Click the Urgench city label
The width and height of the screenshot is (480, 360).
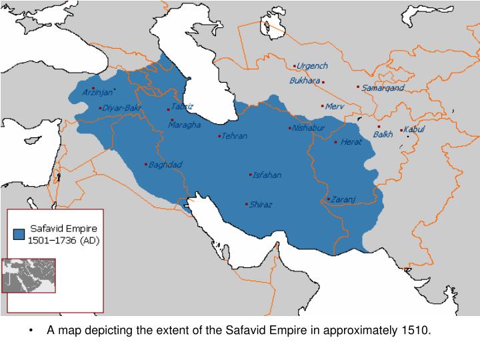click(x=313, y=67)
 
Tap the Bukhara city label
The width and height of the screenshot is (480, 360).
click(x=305, y=81)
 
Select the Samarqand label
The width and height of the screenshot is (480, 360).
click(x=383, y=88)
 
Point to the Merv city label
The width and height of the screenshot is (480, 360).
click(x=334, y=107)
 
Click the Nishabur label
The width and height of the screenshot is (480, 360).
click(x=309, y=128)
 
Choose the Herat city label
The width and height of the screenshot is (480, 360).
click(x=351, y=142)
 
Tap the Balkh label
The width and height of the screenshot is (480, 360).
click(x=383, y=135)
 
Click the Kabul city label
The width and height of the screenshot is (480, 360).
click(x=414, y=129)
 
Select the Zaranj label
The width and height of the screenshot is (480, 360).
click(x=345, y=199)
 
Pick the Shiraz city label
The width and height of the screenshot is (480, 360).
click(x=261, y=205)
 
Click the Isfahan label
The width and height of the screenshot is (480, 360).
click(x=267, y=175)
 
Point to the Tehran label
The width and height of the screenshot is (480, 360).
click(x=235, y=136)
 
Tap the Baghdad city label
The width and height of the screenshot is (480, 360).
click(x=165, y=165)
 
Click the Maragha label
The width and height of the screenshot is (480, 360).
click(x=184, y=125)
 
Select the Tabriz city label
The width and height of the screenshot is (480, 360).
click(x=183, y=106)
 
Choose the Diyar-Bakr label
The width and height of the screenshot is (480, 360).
click(x=121, y=108)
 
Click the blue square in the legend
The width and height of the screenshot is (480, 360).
click(x=19, y=234)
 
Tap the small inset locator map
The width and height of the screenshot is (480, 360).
click(x=28, y=275)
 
